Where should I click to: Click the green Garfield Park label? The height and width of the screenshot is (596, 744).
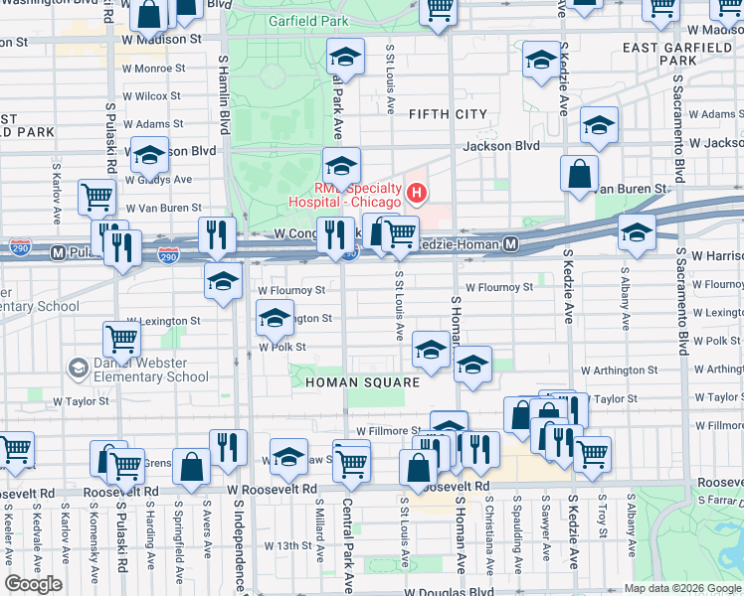coord(307,20)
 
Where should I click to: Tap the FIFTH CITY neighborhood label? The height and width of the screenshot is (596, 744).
coord(448,114)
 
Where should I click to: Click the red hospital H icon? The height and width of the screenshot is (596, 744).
coord(418,193)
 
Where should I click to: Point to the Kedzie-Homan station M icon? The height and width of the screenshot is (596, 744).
coord(510,243)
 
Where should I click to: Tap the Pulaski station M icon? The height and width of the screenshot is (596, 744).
coord(59,252)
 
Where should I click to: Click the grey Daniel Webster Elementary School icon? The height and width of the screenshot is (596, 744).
coord(77,370)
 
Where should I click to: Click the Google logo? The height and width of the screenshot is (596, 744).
coord(33,584)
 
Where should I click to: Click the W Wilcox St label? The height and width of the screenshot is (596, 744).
coord(148,96)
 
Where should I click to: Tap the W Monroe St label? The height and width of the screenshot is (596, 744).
coord(150,69)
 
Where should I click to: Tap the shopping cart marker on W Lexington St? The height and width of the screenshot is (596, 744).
coord(122,338)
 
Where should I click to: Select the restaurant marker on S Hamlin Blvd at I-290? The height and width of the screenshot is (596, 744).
coord(216,234)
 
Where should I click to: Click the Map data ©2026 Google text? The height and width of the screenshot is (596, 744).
coord(681,587)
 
